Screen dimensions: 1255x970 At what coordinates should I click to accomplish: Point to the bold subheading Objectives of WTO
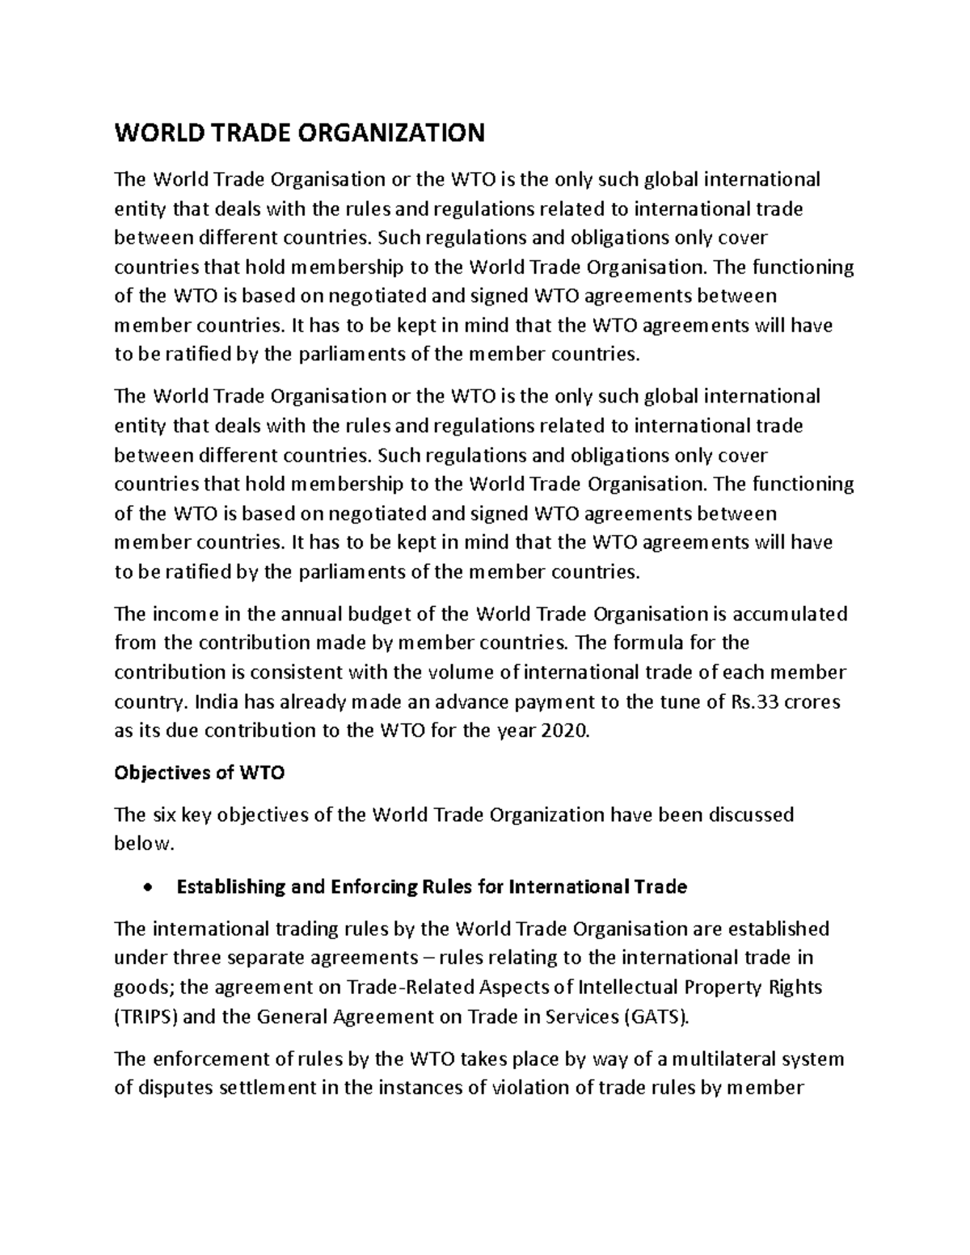pos(200,773)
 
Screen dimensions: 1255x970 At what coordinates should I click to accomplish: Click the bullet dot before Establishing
pos(146,888)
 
